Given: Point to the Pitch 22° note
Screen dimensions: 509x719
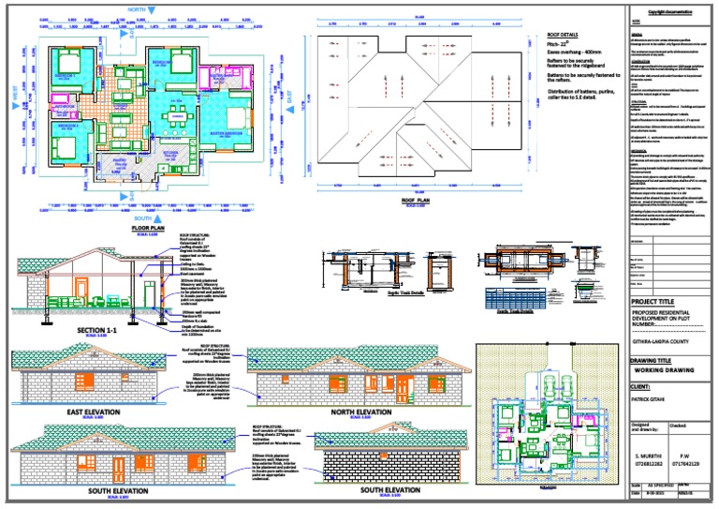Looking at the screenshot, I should click(560, 44).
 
